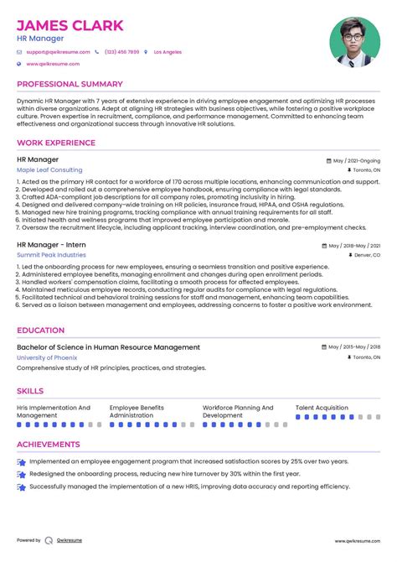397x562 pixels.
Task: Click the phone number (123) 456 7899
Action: coord(121,52)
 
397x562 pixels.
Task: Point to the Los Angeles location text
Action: coord(168,52)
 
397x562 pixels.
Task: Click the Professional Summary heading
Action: coord(70,84)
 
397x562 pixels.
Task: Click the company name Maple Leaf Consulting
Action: coord(49,169)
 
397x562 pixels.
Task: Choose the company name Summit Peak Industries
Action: coord(51,255)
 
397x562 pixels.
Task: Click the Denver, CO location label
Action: coord(366,255)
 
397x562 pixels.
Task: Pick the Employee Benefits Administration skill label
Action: coord(137,411)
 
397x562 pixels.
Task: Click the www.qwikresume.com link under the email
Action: coord(53,64)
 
